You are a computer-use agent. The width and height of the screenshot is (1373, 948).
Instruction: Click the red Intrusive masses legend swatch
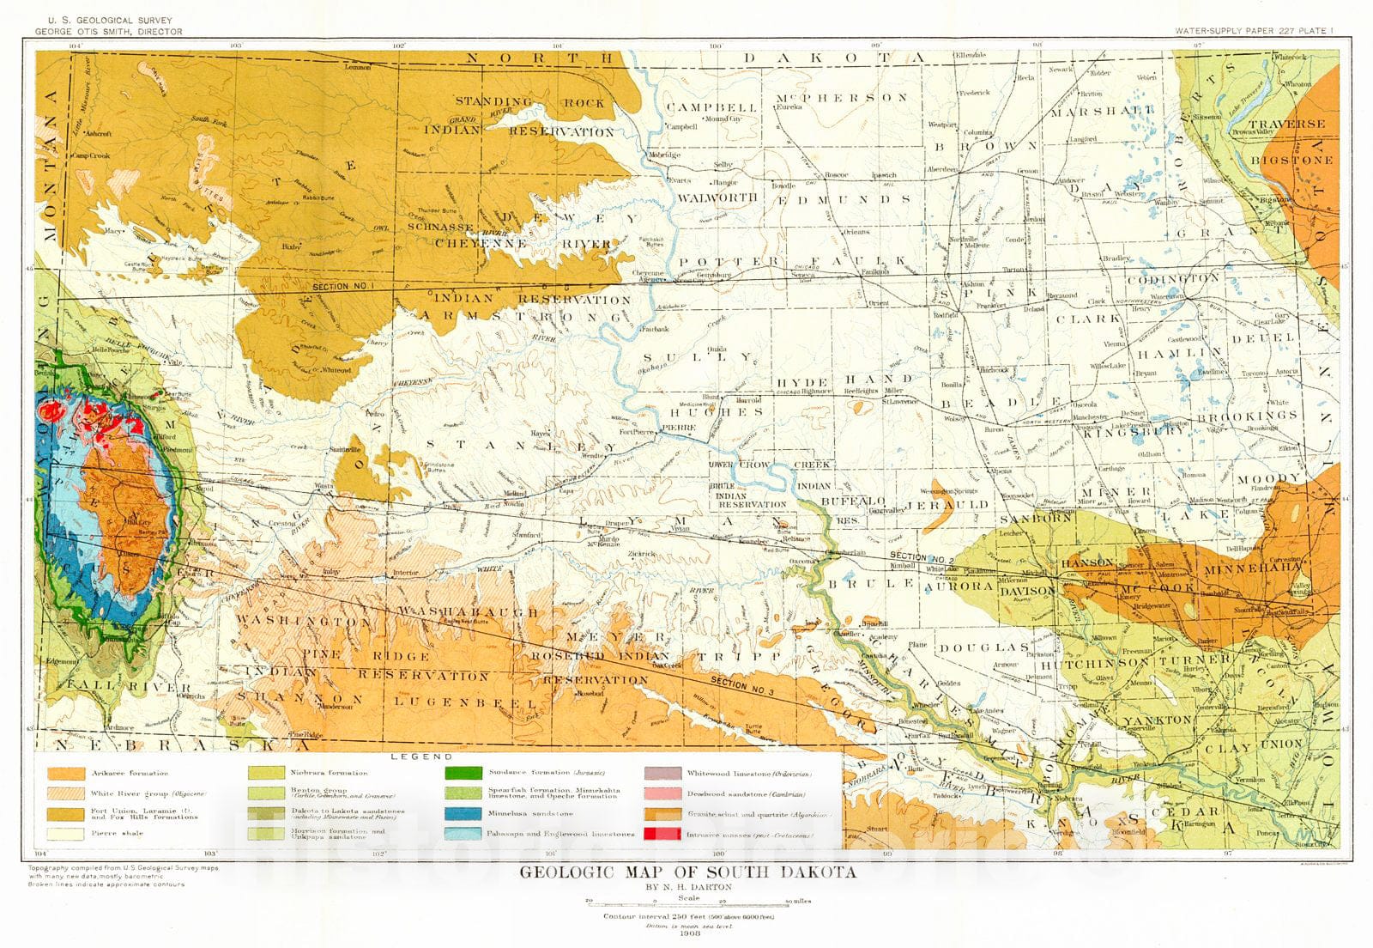click(x=665, y=834)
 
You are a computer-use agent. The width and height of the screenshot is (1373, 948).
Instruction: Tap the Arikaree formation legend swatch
click(x=65, y=774)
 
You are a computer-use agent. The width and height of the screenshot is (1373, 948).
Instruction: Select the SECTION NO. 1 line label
click(x=339, y=286)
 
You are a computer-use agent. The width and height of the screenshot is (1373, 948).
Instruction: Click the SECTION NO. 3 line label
click(x=740, y=685)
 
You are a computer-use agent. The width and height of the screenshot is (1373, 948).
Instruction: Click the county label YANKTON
click(x=1158, y=720)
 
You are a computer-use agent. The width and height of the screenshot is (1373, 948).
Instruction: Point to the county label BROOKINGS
click(x=1259, y=416)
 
